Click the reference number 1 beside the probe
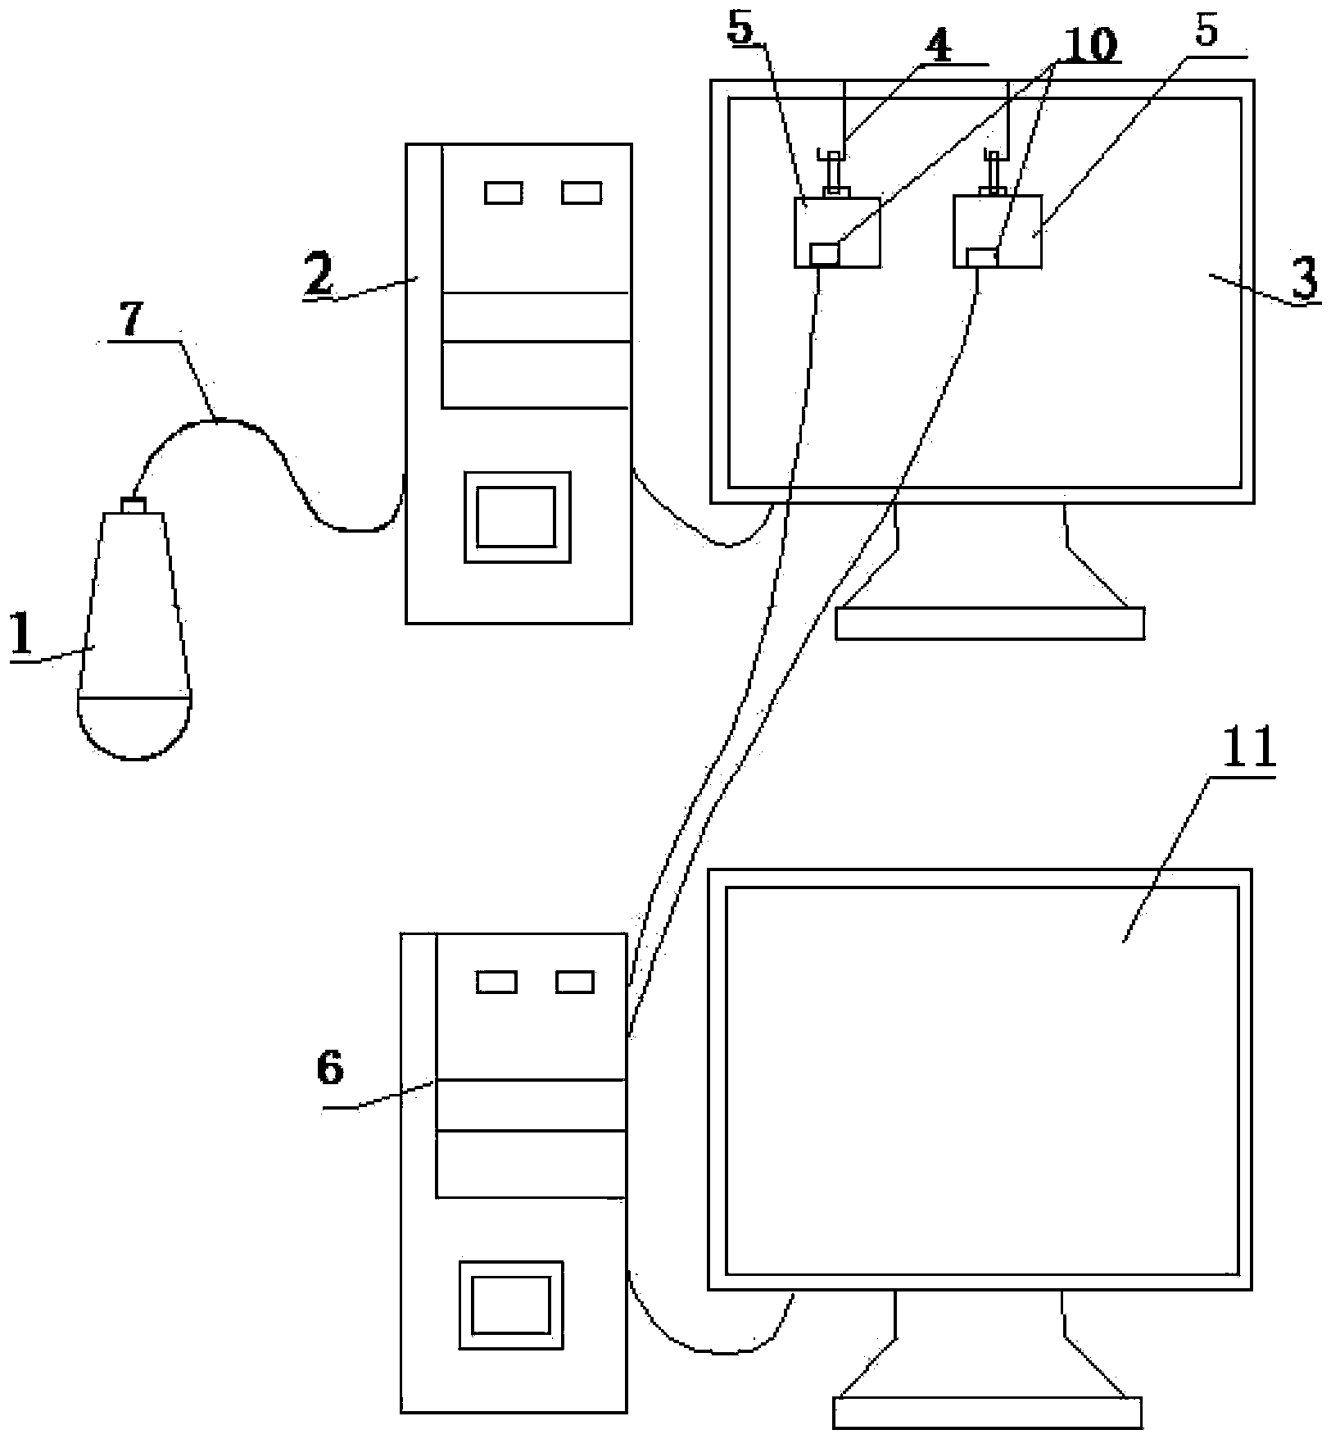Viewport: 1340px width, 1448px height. [x=23, y=635]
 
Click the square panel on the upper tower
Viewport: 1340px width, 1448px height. [x=517, y=516]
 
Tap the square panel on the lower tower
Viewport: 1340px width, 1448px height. [x=511, y=1305]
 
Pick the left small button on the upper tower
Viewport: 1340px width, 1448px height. [x=503, y=193]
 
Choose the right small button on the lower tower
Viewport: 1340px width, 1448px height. [x=575, y=981]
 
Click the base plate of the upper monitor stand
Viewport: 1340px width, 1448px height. [x=989, y=623]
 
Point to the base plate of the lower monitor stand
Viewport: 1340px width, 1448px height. [x=986, y=1412]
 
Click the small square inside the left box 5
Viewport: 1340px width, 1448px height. [x=824, y=254]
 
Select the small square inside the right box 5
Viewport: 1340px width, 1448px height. [x=981, y=256]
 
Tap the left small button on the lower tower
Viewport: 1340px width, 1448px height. [x=496, y=981]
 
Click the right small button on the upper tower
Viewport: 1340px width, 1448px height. [x=582, y=193]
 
